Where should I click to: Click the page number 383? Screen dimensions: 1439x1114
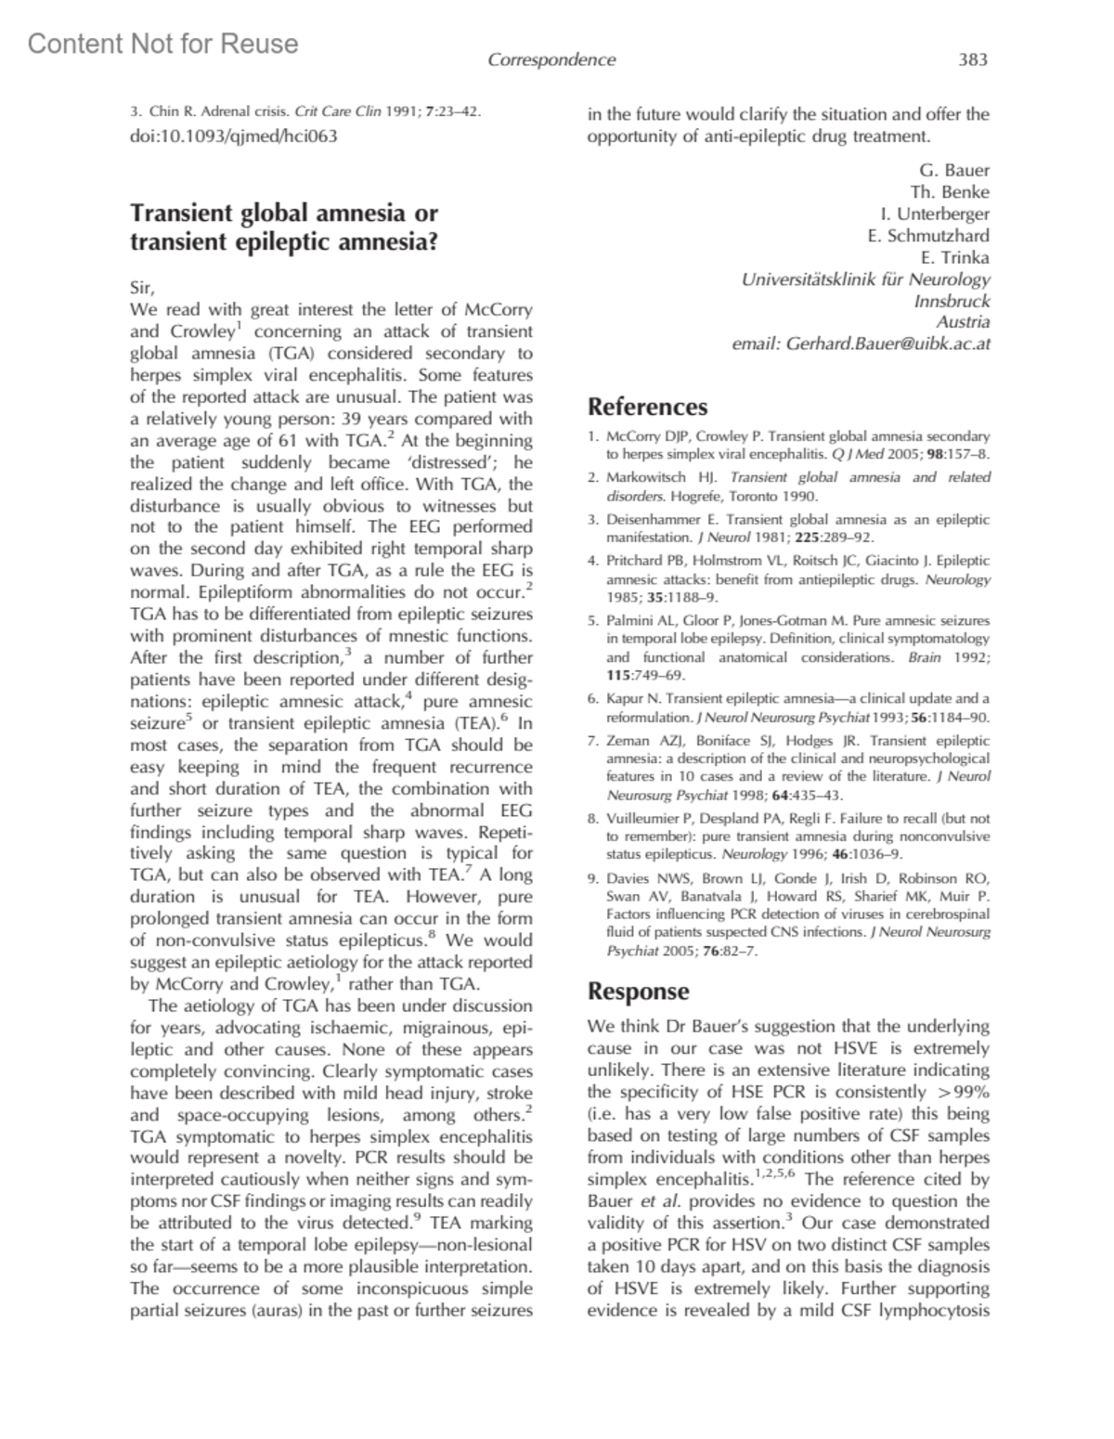click(972, 60)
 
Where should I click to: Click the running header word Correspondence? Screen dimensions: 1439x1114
click(551, 60)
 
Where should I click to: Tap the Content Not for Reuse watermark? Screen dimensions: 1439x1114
click(163, 44)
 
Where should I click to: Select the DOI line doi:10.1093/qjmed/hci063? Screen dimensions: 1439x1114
click(233, 136)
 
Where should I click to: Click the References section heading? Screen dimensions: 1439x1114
click(647, 407)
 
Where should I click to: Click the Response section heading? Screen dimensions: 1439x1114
click(638, 991)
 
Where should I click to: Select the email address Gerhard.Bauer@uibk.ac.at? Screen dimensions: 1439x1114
click(888, 344)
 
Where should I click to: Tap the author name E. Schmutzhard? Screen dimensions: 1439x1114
click(928, 235)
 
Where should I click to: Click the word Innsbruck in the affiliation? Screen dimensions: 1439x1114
click(952, 301)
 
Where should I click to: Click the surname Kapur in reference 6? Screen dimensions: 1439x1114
click(624, 698)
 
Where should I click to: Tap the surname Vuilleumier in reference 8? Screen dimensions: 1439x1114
click(643, 818)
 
